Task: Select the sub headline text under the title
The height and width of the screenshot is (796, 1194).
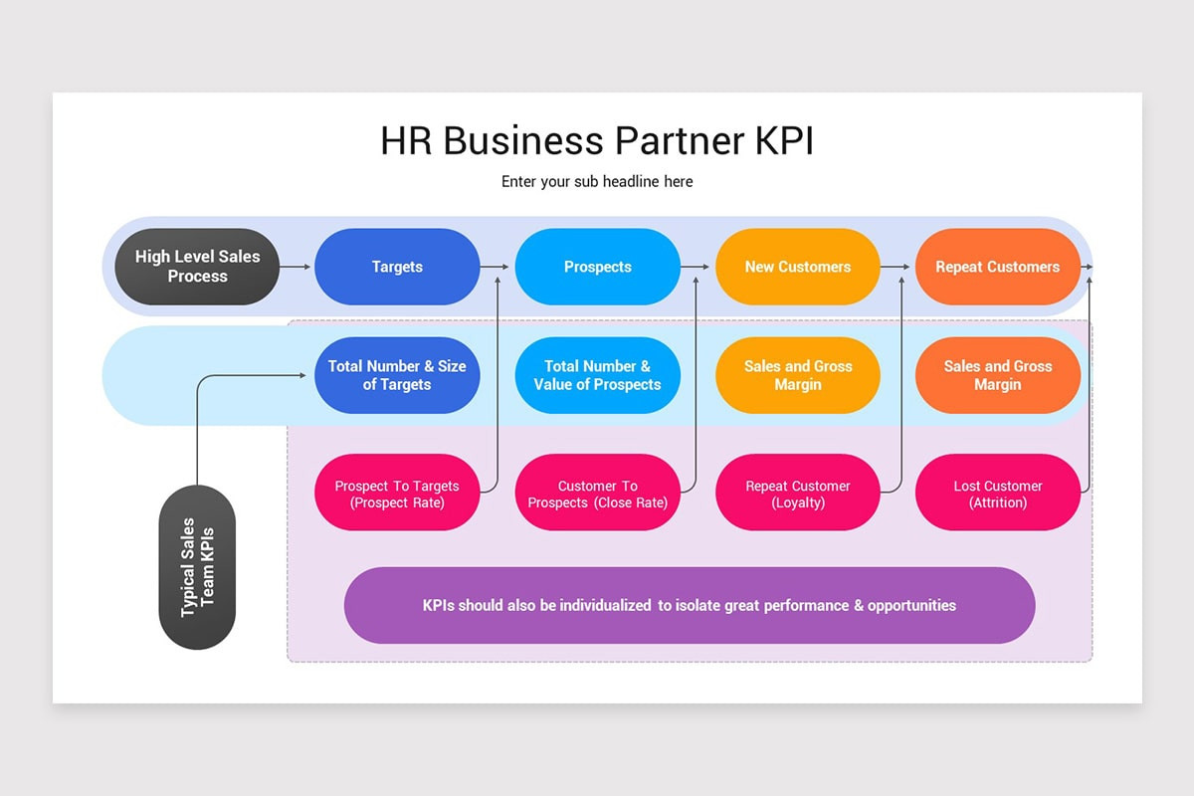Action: [x=597, y=182]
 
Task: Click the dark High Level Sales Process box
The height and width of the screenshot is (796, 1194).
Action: [x=197, y=267]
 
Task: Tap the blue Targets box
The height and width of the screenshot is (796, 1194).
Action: [x=397, y=267]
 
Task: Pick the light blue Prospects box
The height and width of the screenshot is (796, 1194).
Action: [x=597, y=267]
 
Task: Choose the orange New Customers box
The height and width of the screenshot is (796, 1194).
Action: [x=798, y=267]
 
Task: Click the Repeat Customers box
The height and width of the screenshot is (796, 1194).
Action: [x=997, y=267]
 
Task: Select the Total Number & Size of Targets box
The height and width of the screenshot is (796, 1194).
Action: [x=397, y=375]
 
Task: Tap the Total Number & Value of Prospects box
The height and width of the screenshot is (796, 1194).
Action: [x=597, y=375]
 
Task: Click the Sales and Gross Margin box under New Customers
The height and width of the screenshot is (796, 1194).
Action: [x=798, y=375]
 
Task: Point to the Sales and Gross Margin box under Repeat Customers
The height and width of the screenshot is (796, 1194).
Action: [x=997, y=375]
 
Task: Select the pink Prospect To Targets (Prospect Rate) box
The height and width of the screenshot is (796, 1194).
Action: [x=397, y=494]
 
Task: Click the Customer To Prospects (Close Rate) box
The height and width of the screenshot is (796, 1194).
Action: [x=597, y=494]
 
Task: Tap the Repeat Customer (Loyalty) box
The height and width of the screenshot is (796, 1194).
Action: [x=798, y=494]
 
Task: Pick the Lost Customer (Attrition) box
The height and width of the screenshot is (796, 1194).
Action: [x=997, y=494]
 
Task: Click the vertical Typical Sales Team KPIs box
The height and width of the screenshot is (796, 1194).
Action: [x=197, y=567]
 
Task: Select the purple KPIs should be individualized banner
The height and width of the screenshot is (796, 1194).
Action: [x=689, y=605]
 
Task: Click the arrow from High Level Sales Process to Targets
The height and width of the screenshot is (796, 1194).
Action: [x=296, y=267]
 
